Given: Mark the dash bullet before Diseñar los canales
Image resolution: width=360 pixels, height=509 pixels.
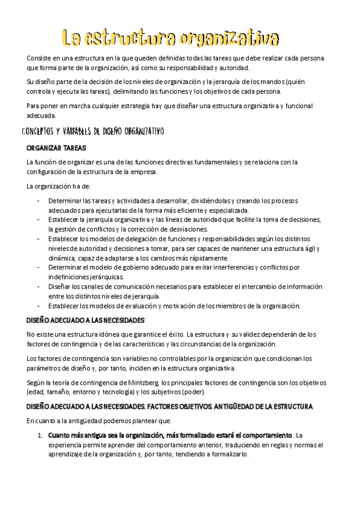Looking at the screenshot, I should [x=38, y=286].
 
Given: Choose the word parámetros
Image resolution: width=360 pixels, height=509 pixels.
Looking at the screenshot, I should [x=44, y=369].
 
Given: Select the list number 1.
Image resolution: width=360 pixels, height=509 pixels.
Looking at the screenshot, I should [x=39, y=435].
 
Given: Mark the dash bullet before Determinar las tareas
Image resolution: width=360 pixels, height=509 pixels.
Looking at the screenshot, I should [x=38, y=200].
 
